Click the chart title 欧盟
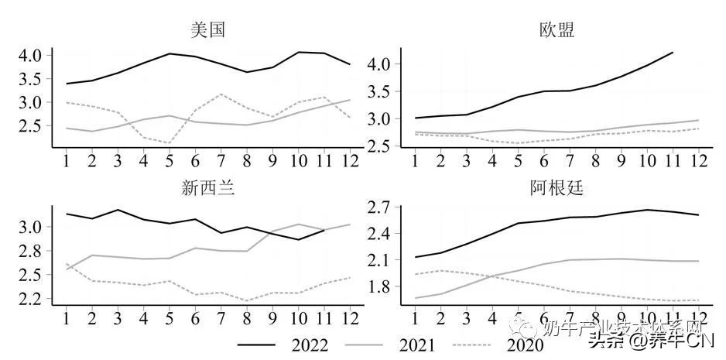click(x=556, y=30)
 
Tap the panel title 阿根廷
click(x=556, y=189)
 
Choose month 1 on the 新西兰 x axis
click(x=67, y=317)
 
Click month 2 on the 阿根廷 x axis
click(x=440, y=317)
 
